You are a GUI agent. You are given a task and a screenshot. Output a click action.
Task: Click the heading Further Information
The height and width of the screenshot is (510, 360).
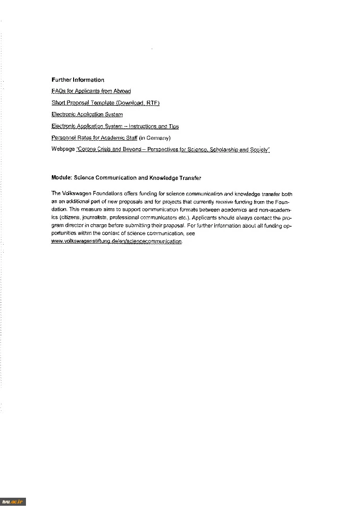pyautogui.click(x=78, y=80)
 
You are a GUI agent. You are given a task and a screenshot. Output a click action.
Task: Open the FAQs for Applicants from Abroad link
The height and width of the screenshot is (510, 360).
pyautogui.click(x=91, y=91)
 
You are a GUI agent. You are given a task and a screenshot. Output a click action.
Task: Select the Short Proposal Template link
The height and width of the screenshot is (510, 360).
pyautogui.click(x=106, y=103)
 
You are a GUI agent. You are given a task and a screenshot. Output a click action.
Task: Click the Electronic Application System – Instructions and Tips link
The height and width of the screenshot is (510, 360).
pyautogui.click(x=115, y=126)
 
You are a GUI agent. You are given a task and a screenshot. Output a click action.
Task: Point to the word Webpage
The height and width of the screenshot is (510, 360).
pyautogui.click(x=63, y=149)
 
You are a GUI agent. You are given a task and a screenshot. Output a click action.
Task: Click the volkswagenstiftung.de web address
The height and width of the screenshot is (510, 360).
pyautogui.click(x=116, y=241)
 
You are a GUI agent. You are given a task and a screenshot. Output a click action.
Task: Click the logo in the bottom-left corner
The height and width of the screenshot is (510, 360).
pyautogui.click(x=13, y=501)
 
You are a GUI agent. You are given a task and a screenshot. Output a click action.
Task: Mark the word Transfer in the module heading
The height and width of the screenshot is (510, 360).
pyautogui.click(x=190, y=178)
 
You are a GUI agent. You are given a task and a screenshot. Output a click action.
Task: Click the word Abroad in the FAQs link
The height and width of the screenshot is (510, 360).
pyautogui.click(x=122, y=91)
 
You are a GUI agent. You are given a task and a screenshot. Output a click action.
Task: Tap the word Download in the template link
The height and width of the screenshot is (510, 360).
pyautogui.click(x=131, y=103)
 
